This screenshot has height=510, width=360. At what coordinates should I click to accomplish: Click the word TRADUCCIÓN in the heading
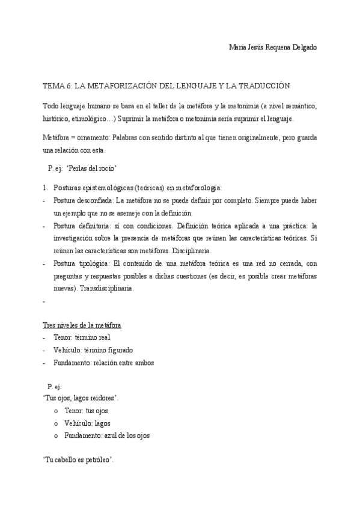[x=261, y=85]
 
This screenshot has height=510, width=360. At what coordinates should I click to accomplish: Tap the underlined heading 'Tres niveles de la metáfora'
[x=82, y=325]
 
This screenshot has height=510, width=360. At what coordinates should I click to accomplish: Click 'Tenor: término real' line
[x=82, y=337]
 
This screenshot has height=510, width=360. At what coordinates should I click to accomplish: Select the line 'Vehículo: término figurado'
[x=93, y=349]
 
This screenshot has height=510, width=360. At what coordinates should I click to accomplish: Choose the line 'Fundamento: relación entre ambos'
[x=103, y=362]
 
